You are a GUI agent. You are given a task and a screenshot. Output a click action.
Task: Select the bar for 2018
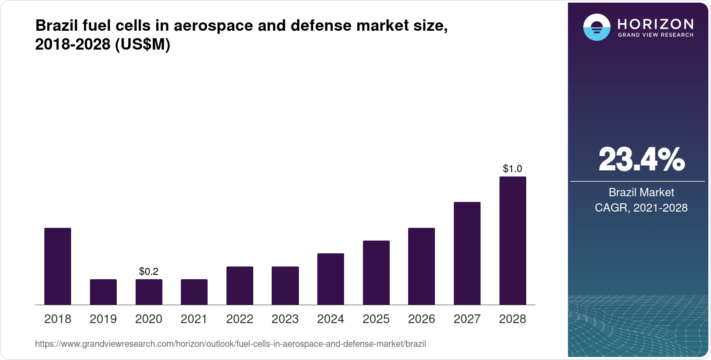click(57, 266)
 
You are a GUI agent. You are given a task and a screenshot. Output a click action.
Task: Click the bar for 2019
click(103, 292)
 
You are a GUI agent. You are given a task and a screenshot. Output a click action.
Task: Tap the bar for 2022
click(240, 285)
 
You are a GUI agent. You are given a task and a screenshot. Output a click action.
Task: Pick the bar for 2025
click(376, 273)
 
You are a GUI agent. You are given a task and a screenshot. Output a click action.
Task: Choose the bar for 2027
click(467, 253)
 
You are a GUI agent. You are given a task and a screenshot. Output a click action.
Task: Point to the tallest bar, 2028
click(513, 241)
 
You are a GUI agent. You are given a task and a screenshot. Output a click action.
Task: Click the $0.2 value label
click(149, 271)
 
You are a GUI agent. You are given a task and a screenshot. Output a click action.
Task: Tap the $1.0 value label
click(512, 169)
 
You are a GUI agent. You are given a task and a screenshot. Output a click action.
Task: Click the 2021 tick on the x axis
click(194, 319)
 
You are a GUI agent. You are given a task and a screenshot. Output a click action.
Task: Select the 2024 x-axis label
click(330, 319)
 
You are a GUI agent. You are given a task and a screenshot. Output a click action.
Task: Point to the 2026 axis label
click(421, 319)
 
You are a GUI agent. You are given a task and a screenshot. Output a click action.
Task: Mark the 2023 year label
click(285, 319)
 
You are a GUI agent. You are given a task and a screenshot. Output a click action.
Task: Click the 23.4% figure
click(641, 159)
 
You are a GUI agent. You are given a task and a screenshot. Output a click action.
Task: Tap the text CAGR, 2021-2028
click(641, 208)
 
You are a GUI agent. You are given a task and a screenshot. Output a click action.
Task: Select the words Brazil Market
click(641, 192)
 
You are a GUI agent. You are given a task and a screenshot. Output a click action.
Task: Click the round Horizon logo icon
click(596, 28)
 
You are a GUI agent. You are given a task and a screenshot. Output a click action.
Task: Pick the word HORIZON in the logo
click(655, 24)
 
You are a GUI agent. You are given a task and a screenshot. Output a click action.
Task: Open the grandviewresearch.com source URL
click(230, 344)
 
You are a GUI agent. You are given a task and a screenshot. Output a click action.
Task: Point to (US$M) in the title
click(142, 44)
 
